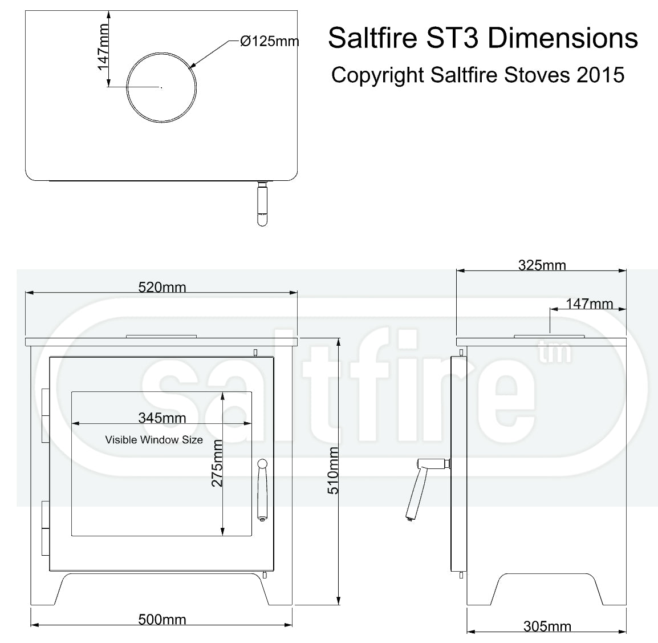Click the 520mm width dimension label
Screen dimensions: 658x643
(162, 288)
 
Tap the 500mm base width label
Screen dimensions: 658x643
(162, 620)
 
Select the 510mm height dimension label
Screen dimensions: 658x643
(333, 470)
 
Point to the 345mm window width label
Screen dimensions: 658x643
(162, 418)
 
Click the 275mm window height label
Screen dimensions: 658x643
(217, 463)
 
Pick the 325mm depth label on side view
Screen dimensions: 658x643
(542, 265)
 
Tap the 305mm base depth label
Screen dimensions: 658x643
(547, 626)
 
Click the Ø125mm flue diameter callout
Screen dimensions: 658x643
(269, 41)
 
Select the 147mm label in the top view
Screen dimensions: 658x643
(103, 47)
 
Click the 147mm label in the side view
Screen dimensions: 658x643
(589, 304)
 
